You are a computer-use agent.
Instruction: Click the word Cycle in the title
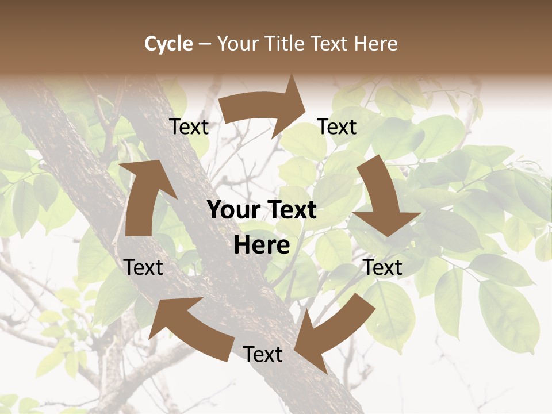(168, 44)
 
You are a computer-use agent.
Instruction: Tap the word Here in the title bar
(375, 44)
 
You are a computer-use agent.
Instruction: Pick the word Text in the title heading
(331, 44)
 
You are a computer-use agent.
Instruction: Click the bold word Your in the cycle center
(235, 210)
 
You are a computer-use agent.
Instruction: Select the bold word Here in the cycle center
(262, 246)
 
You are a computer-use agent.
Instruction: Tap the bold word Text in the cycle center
(290, 210)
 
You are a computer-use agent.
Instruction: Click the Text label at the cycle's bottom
(263, 354)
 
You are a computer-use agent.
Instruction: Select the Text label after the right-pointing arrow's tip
(338, 126)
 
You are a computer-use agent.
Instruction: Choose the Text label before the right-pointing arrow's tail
(189, 126)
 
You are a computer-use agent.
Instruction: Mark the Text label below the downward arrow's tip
(382, 267)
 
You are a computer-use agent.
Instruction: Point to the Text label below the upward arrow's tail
(143, 267)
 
